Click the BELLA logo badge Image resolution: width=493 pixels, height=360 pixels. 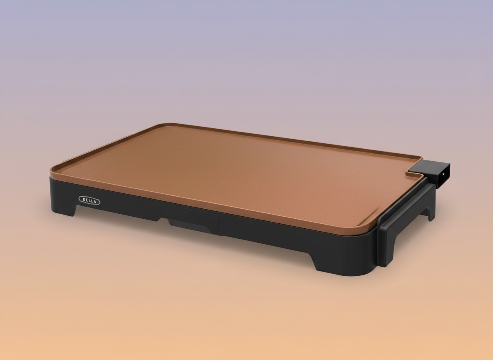click(89, 200)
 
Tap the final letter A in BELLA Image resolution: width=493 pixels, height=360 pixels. click(95, 202)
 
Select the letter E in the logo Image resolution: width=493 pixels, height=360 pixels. click(87, 200)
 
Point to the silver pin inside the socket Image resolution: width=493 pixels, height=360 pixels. click(443, 174)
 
